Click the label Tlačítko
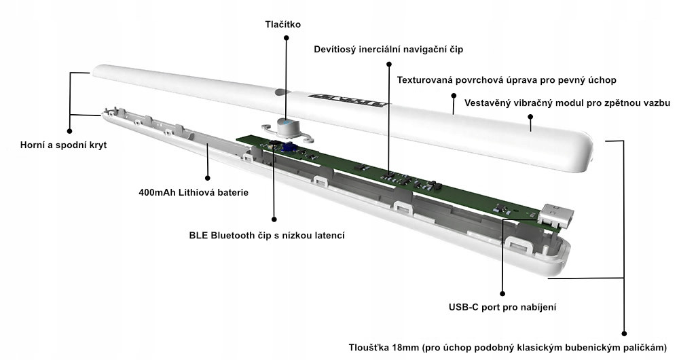point(282,25)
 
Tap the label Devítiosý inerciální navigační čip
point(388,50)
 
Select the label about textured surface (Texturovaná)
point(507,80)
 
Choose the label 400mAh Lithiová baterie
point(194,192)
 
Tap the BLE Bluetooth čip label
point(268,236)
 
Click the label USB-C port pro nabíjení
point(503,307)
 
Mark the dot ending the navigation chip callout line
point(388,65)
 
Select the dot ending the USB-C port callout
point(502,294)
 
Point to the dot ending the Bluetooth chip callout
point(274,219)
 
